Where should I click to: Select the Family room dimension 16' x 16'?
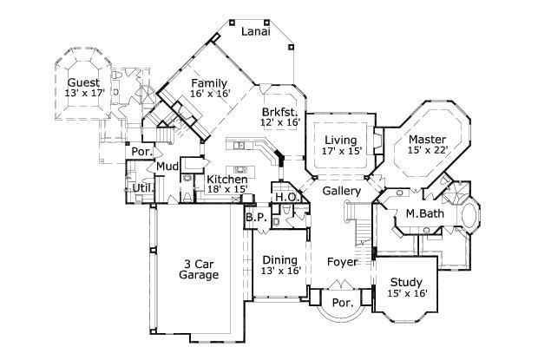(x=209, y=95)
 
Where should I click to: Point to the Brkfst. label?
(x=280, y=113)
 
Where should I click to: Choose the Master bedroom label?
(x=427, y=139)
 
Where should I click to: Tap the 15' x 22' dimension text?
(x=427, y=150)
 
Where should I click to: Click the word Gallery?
(x=341, y=190)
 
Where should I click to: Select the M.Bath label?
(x=423, y=213)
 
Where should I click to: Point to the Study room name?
(x=405, y=282)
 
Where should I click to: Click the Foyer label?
(x=343, y=260)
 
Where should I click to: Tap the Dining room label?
(x=279, y=259)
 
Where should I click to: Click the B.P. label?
(x=254, y=217)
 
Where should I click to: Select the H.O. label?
(x=287, y=198)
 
